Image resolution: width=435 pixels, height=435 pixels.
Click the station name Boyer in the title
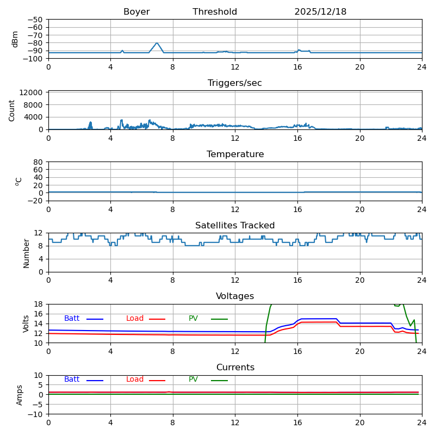pyautogui.click(x=136, y=12)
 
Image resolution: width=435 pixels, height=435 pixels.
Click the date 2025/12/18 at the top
pyautogui.click(x=320, y=12)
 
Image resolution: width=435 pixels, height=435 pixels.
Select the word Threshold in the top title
pyautogui.click(x=215, y=12)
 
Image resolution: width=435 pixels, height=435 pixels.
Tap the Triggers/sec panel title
pyautogui.click(x=235, y=83)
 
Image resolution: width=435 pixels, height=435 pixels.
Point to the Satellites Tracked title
pyautogui.click(x=235, y=226)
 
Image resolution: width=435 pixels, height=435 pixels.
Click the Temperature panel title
pyautogui.click(x=235, y=154)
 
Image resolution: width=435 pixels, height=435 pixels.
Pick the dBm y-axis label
pyautogui.click(x=15, y=39)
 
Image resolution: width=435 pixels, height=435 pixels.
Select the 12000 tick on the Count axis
pyautogui.click(x=35, y=92)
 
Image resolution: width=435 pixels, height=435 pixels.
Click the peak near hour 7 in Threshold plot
pyautogui.click(x=157, y=43)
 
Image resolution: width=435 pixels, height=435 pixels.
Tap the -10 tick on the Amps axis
pyautogui.click(x=37, y=414)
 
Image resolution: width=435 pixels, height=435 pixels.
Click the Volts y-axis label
pyautogui.click(x=26, y=324)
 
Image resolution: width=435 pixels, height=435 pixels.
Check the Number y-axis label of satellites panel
pyautogui.click(x=26, y=253)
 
